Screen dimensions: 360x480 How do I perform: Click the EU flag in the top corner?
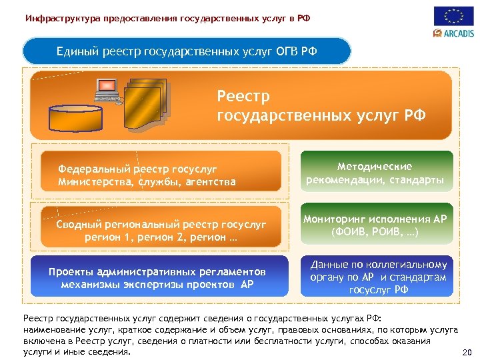click(453, 16)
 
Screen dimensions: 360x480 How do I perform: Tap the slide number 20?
click(467, 353)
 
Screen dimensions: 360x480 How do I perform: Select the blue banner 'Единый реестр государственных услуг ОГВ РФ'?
click(187, 51)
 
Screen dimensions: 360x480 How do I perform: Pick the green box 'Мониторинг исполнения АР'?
click(377, 225)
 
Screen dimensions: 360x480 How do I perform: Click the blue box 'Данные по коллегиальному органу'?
click(377, 276)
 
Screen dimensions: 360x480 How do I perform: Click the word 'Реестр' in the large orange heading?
click(243, 97)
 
